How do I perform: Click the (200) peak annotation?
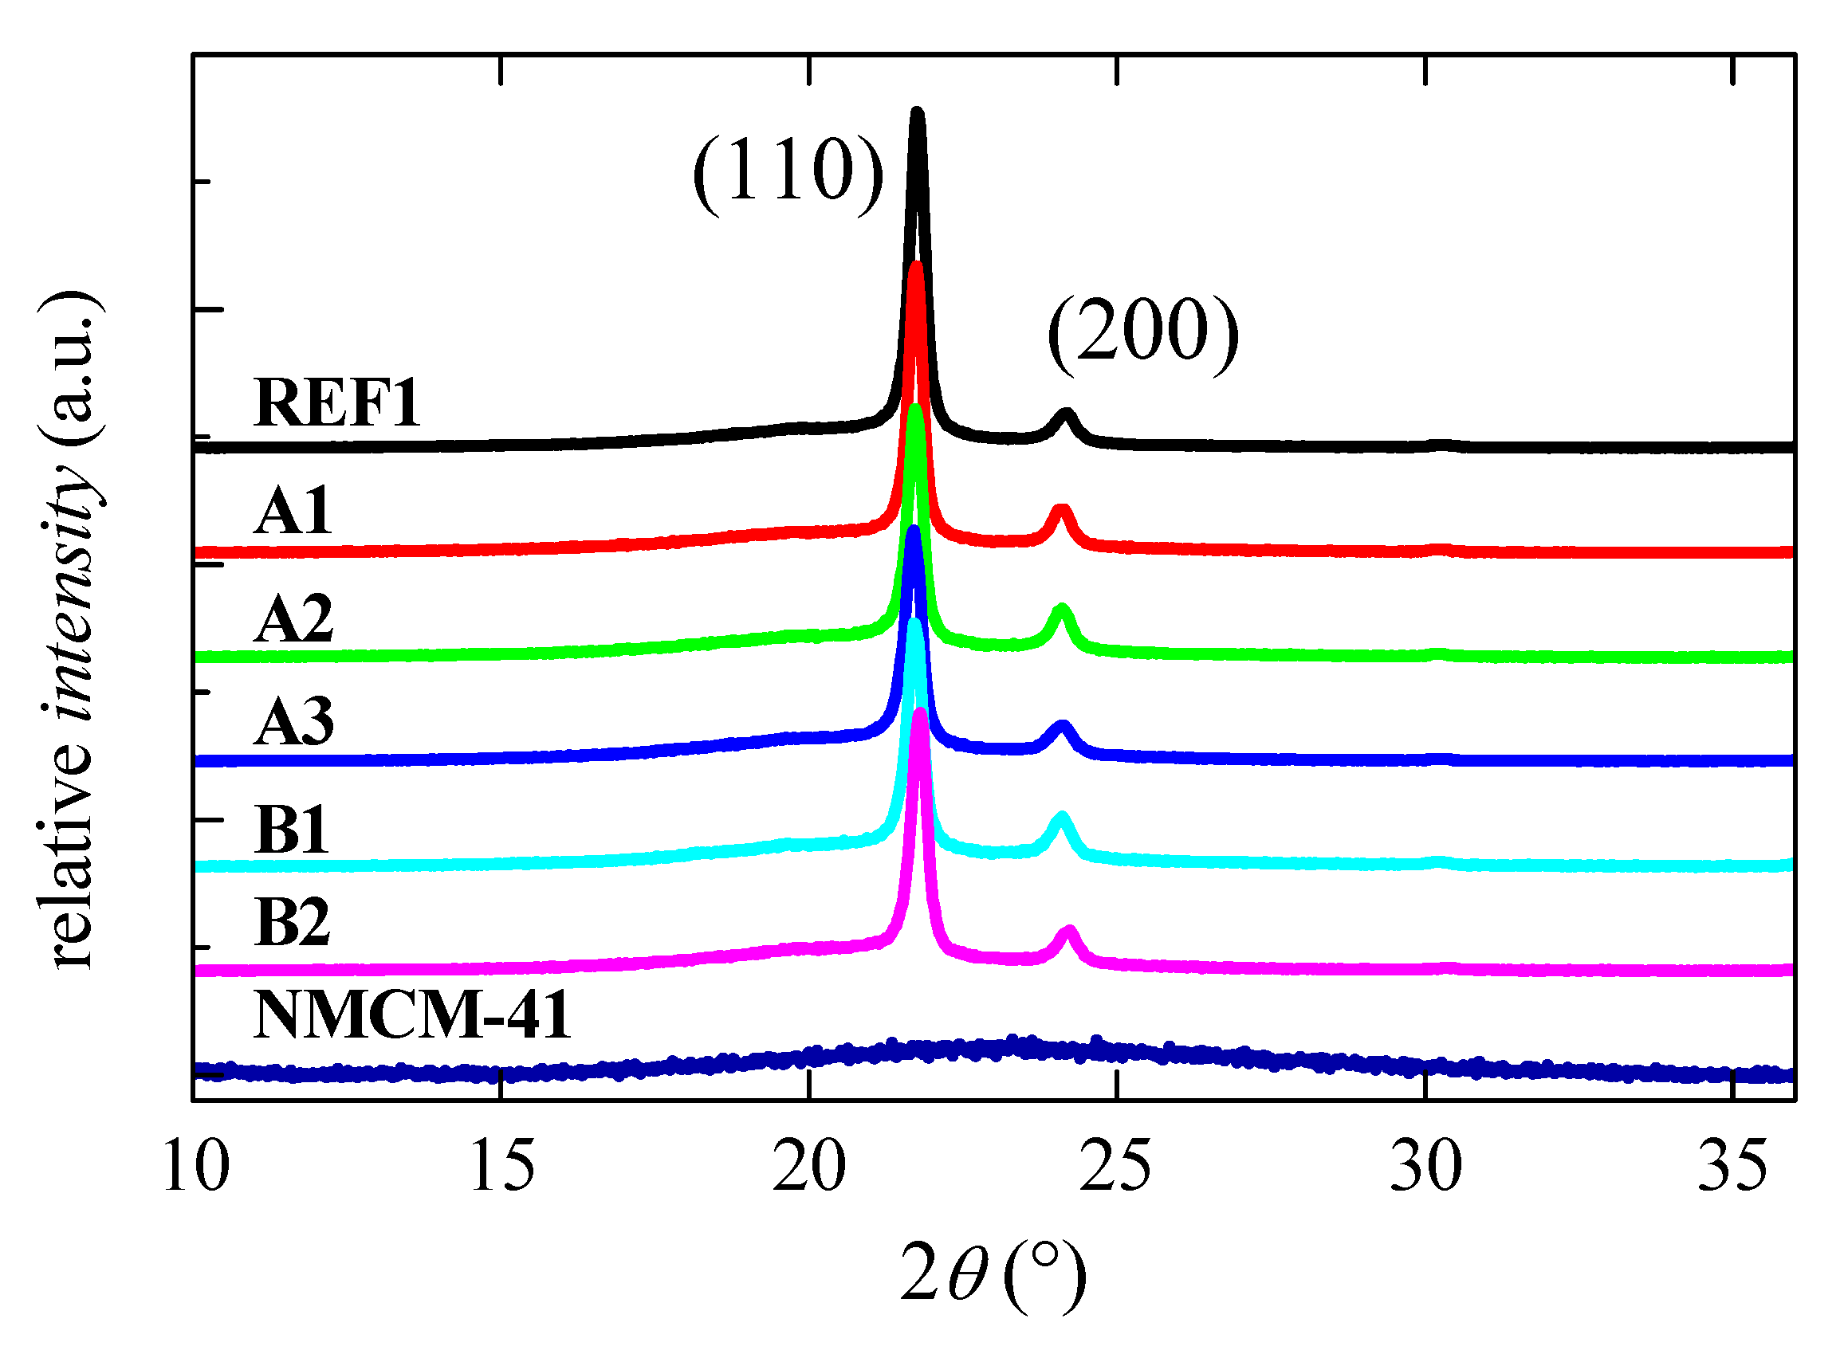pyautogui.click(x=1143, y=330)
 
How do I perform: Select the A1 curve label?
pyautogui.click(x=293, y=511)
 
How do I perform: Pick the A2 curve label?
pyautogui.click(x=293, y=618)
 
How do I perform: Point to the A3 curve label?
pyautogui.click(x=293, y=722)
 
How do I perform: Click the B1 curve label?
pyautogui.click(x=291, y=830)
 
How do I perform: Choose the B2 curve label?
pyautogui.click(x=292, y=922)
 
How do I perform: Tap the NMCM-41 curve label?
pyautogui.click(x=411, y=1015)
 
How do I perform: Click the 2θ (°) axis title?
pyautogui.click(x=993, y=1275)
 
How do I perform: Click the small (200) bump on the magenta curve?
pyautogui.click(x=1069, y=932)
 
